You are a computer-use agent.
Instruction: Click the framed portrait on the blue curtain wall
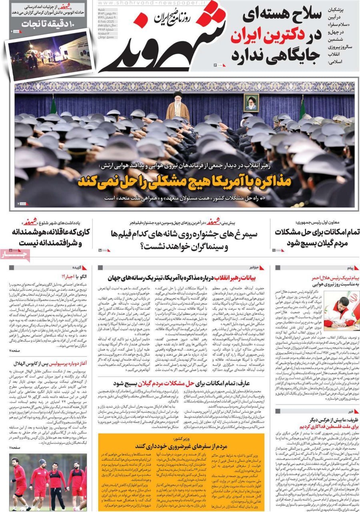(x=252, y=102)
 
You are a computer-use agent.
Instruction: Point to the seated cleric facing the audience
(x=178, y=107)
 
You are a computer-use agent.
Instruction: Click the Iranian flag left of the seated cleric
(x=53, y=106)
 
